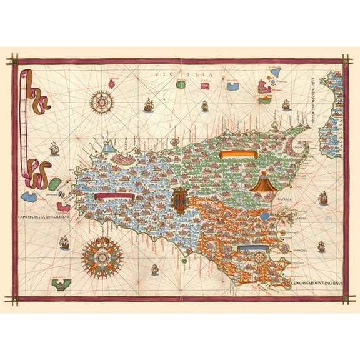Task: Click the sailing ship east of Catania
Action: [323, 199]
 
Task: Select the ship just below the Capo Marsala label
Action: [63, 241]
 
